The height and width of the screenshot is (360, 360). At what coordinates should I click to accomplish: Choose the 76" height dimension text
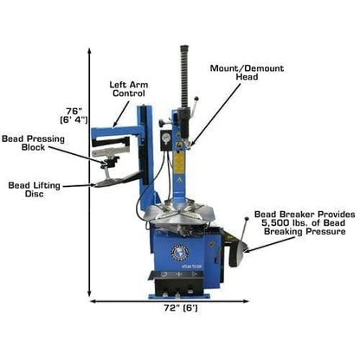click(x=74, y=110)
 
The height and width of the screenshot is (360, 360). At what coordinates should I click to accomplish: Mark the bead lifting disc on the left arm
click(x=109, y=183)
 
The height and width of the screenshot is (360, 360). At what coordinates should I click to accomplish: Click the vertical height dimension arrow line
click(x=89, y=173)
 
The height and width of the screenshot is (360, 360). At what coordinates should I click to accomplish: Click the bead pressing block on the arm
click(x=112, y=160)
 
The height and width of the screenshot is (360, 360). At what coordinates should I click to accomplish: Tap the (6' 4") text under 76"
click(x=74, y=120)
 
